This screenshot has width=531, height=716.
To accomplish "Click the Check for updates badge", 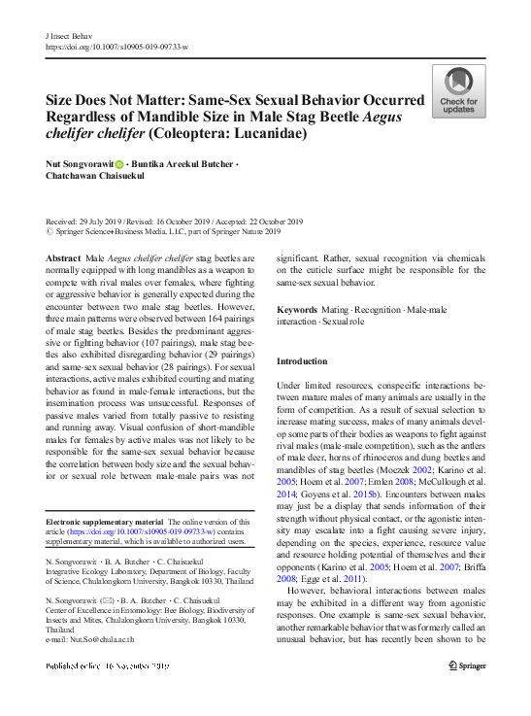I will [x=458, y=91].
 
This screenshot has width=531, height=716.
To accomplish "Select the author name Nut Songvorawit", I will [x=79, y=164].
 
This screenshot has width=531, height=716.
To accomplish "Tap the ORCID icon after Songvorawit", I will [x=120, y=164].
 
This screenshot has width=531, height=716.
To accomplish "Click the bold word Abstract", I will [x=63, y=258].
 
